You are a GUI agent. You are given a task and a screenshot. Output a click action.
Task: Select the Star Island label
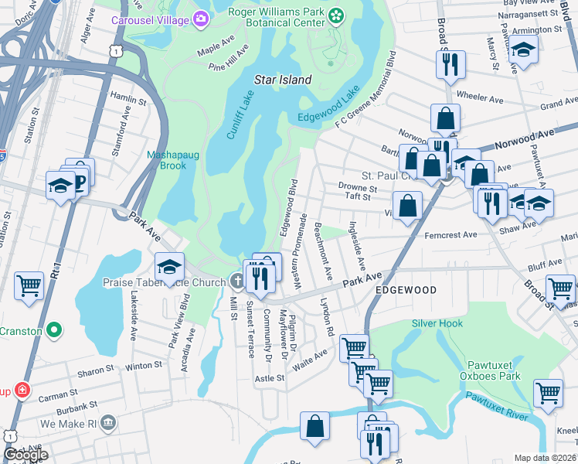[x=283, y=80]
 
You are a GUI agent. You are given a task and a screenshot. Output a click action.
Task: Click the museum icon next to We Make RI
[x=108, y=422]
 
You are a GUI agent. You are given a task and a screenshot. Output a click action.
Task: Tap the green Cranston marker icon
[x=53, y=331]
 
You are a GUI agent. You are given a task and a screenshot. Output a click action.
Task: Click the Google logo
[x=25, y=455]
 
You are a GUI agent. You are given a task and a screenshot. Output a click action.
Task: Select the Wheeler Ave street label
[x=481, y=97]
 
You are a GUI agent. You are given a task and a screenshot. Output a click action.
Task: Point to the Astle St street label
[x=270, y=378]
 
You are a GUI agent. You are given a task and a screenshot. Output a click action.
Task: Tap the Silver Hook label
[x=437, y=323]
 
